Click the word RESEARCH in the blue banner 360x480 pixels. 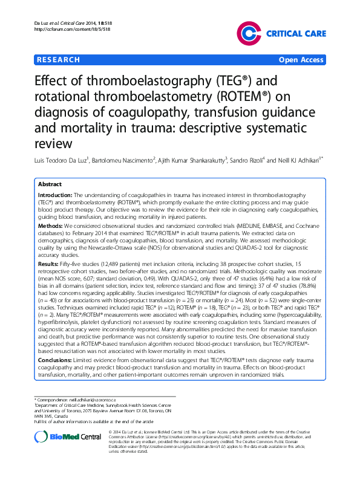tap(58, 60)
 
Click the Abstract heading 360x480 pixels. tap(50, 184)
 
